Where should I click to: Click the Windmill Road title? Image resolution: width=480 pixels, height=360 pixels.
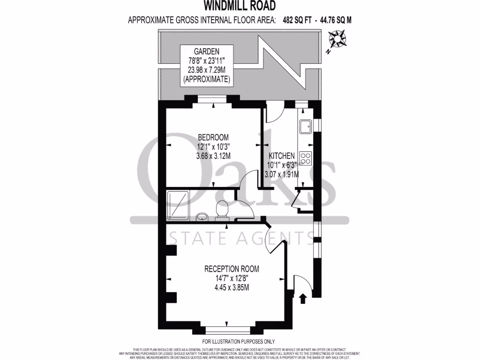239,6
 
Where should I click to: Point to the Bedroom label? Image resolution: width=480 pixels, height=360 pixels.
213,137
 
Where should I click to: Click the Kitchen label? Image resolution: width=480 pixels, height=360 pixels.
281,156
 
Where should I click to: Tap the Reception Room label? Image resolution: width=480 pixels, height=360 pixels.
232,269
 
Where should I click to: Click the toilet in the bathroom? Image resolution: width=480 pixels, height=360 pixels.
221,210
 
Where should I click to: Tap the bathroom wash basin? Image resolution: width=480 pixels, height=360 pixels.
202,217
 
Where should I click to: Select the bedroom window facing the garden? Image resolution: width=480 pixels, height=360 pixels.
213,99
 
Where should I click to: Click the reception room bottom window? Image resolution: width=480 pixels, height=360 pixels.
226,330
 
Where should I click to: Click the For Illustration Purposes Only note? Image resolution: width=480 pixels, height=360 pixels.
239,342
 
